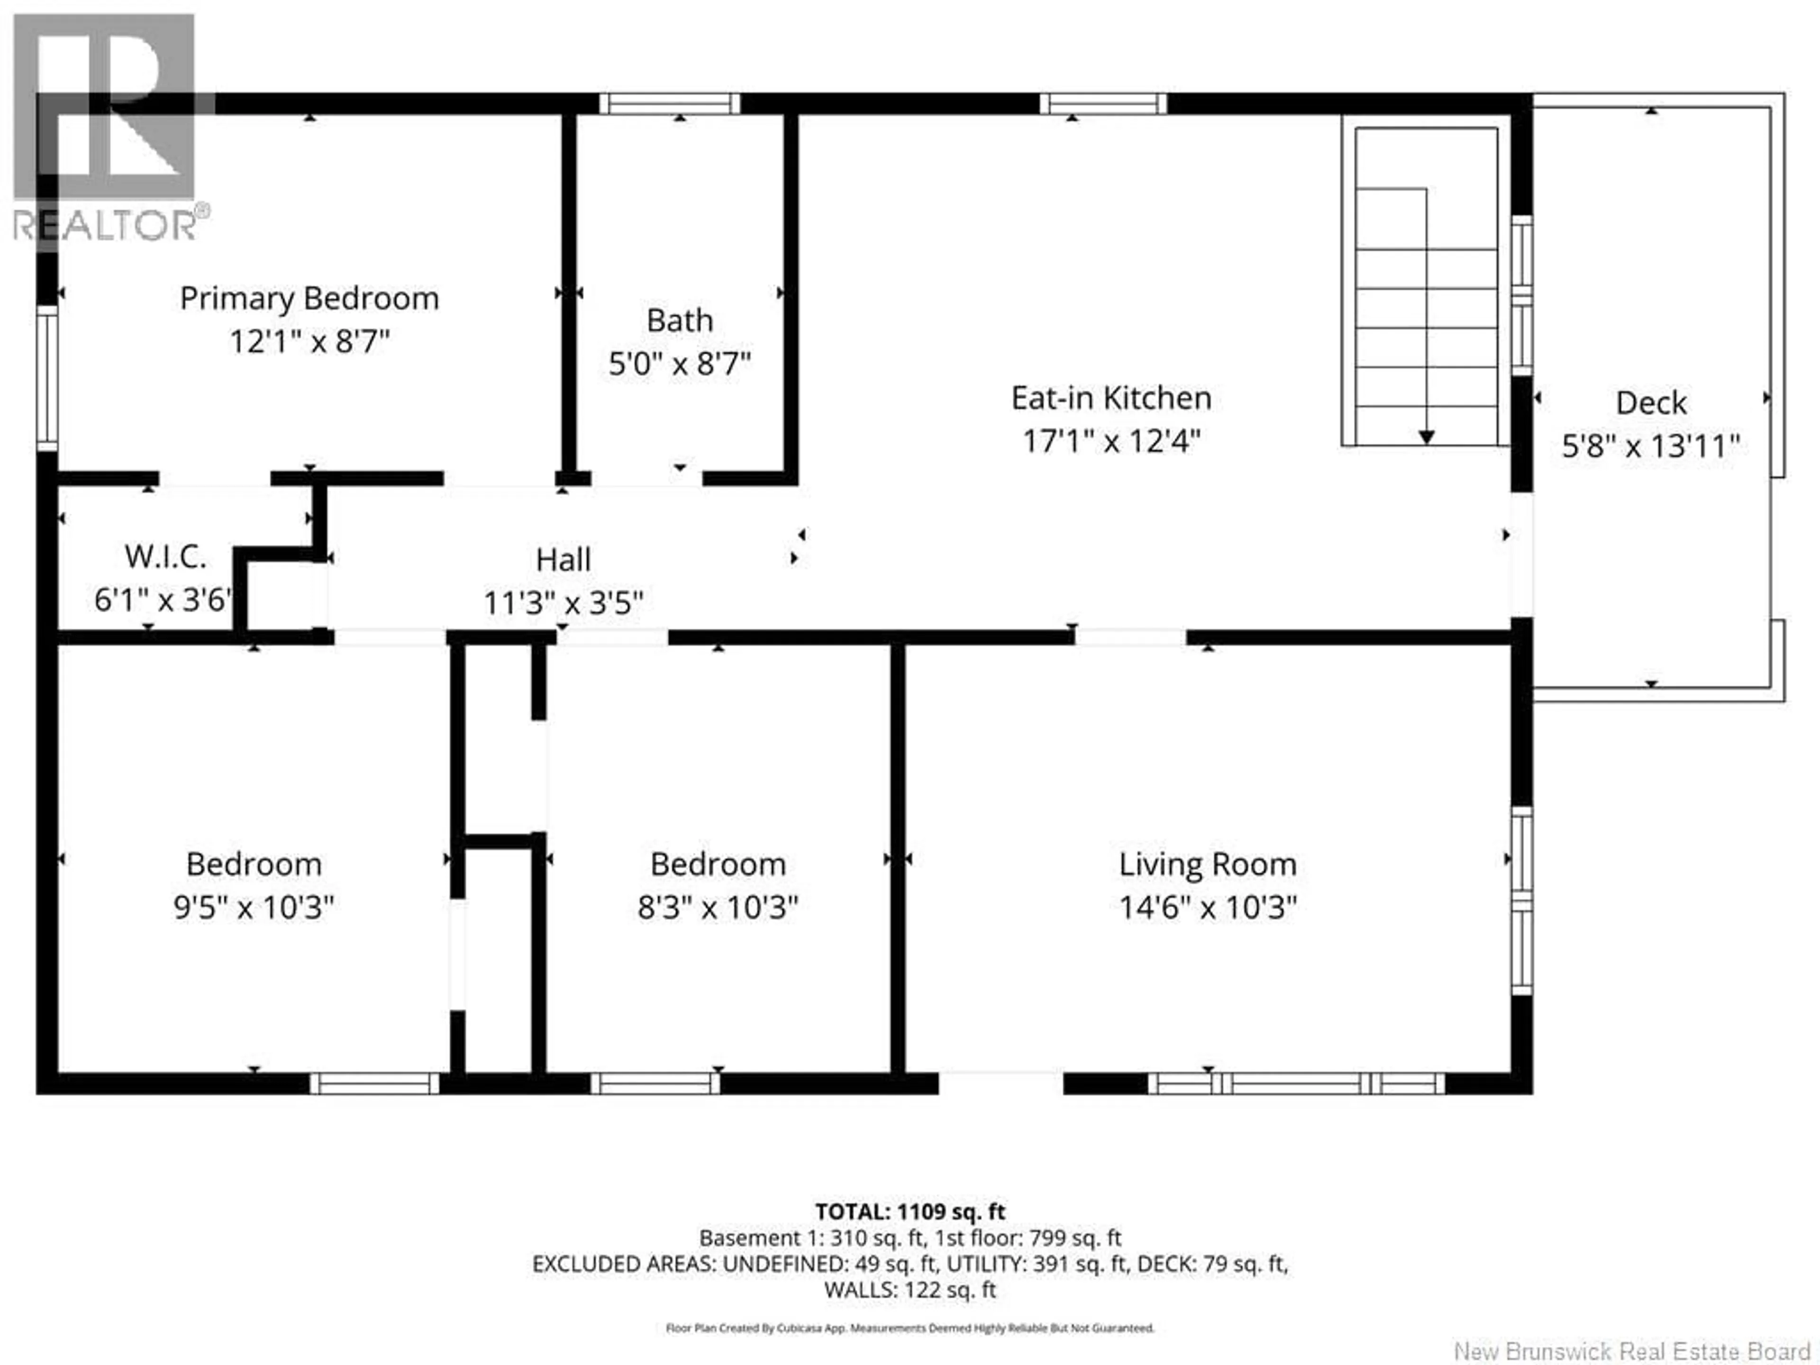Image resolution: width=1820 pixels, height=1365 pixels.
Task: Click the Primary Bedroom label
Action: click(x=309, y=298)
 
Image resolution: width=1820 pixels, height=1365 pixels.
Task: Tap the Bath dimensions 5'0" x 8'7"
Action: click(x=680, y=363)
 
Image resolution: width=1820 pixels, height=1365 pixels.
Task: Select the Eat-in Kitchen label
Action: click(x=1111, y=398)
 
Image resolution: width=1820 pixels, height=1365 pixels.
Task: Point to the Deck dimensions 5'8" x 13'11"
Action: click(x=1650, y=446)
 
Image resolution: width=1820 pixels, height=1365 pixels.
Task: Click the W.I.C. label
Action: click(x=165, y=557)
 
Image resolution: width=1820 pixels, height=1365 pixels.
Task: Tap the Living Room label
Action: click(x=1207, y=864)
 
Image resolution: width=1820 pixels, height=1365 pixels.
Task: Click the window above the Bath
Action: click(x=669, y=104)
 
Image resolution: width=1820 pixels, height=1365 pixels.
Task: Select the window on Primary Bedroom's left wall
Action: click(x=47, y=379)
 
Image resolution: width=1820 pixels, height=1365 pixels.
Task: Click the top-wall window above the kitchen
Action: click(x=1102, y=104)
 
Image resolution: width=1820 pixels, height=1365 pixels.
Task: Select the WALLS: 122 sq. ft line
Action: click(x=910, y=1289)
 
